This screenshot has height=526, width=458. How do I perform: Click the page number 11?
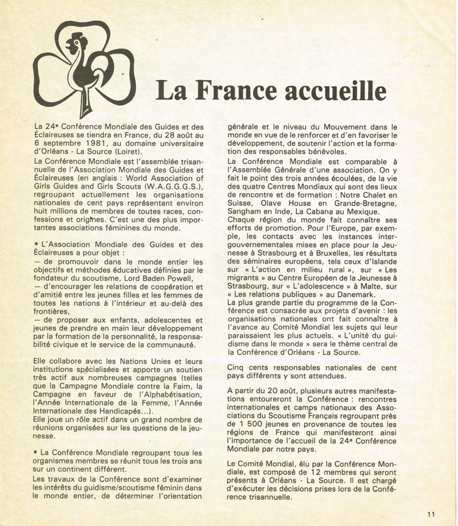pos(431,513)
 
